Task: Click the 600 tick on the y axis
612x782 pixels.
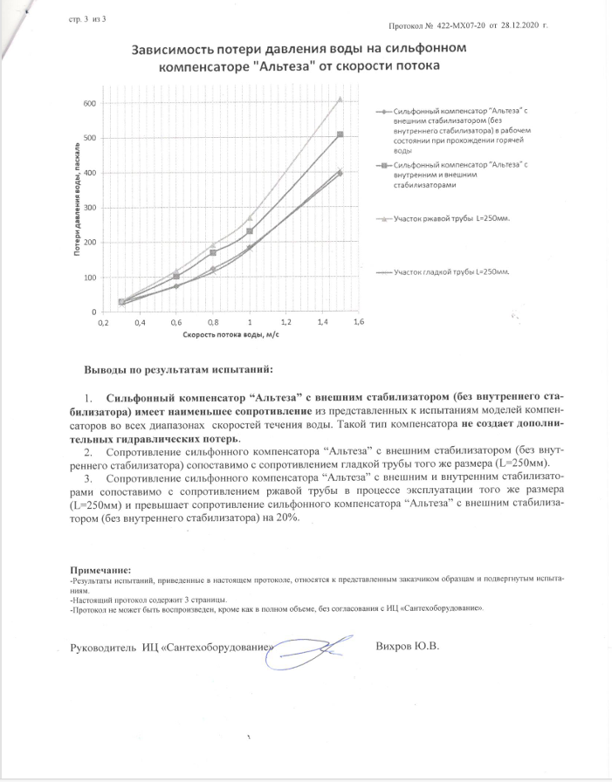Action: (x=88, y=104)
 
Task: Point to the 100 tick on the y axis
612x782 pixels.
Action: (x=88, y=278)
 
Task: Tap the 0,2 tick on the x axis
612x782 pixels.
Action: (x=102, y=323)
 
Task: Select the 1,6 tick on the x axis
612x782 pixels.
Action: (x=357, y=323)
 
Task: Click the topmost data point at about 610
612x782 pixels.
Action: (x=340, y=99)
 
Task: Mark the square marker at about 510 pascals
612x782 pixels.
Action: (x=340, y=134)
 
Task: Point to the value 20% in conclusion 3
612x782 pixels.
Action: (x=286, y=518)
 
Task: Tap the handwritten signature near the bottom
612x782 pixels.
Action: (x=307, y=650)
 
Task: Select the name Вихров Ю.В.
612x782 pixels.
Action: (x=407, y=647)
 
